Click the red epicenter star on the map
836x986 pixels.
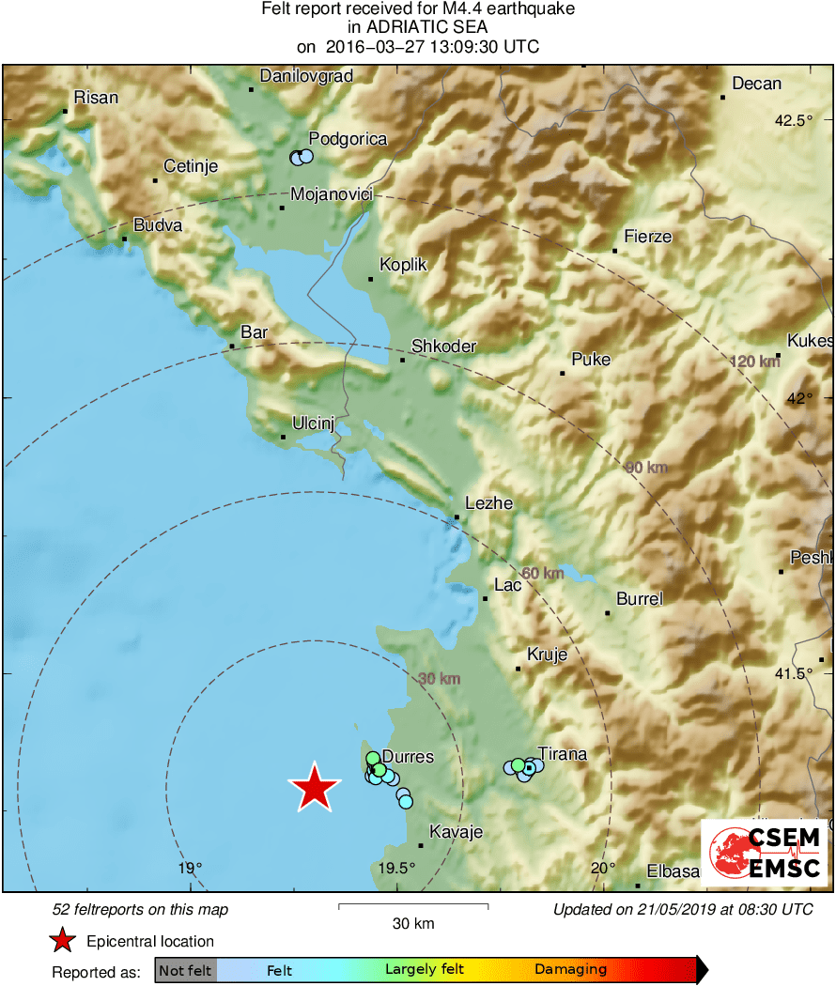coord(315,788)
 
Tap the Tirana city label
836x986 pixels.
coord(562,754)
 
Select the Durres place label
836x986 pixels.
coord(408,757)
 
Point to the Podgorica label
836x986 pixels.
coord(348,139)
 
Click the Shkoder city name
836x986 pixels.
coord(443,347)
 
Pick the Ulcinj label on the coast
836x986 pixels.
coord(313,424)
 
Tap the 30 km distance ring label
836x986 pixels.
coord(440,679)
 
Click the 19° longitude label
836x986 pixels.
coord(191,868)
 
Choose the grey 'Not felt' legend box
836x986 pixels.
coord(185,970)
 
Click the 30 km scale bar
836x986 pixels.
coord(412,906)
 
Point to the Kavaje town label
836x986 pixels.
coord(456,832)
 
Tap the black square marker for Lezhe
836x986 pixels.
coord(457,517)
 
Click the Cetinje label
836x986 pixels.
coord(191,167)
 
